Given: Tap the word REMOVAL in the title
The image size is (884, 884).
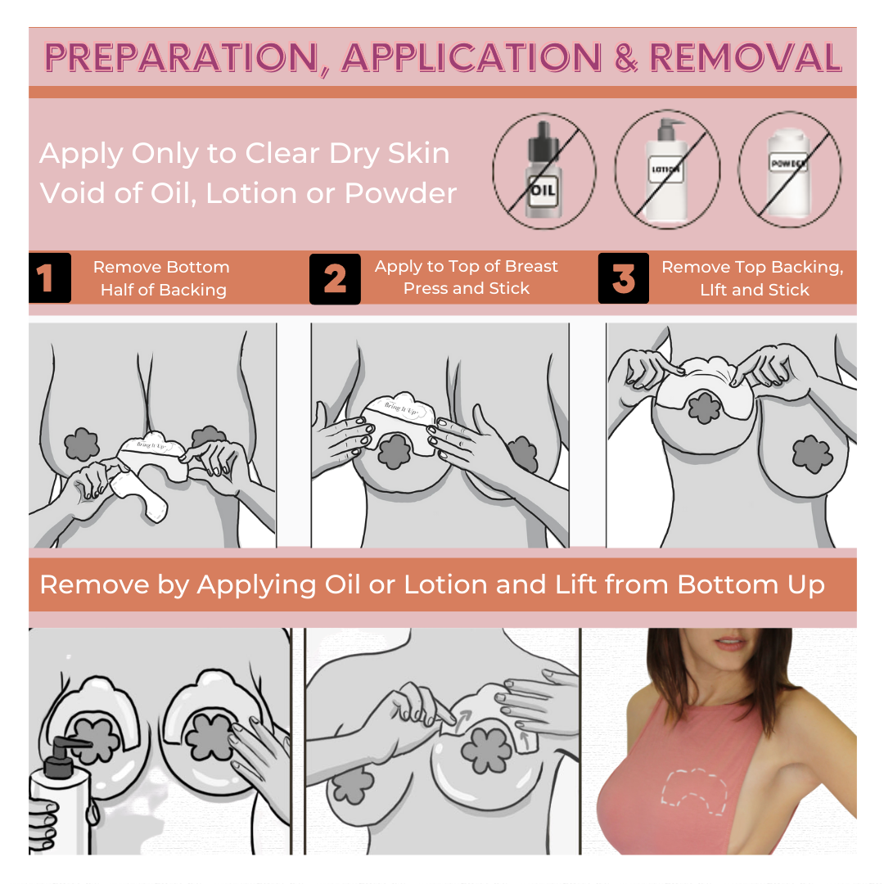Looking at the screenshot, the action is point(746,57).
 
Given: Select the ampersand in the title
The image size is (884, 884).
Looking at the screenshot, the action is point(626,57).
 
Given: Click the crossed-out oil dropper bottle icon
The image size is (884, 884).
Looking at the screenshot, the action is point(543,170).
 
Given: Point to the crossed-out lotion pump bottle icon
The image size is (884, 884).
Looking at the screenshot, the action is point(667,169).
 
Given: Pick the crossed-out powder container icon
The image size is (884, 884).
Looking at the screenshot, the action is point(789,169).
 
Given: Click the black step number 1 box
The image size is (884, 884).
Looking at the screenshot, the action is point(50,277).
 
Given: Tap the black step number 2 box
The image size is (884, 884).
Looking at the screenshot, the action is point(335,278).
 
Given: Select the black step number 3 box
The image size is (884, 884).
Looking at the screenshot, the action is point(624,278).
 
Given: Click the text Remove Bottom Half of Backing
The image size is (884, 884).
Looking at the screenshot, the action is point(162,278).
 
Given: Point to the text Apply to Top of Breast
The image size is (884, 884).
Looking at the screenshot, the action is point(467,266).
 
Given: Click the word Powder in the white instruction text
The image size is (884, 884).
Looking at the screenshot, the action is point(400,193).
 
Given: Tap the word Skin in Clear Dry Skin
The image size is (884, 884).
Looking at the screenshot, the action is point(418,153).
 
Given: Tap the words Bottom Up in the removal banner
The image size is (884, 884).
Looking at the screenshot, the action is point(751,585).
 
